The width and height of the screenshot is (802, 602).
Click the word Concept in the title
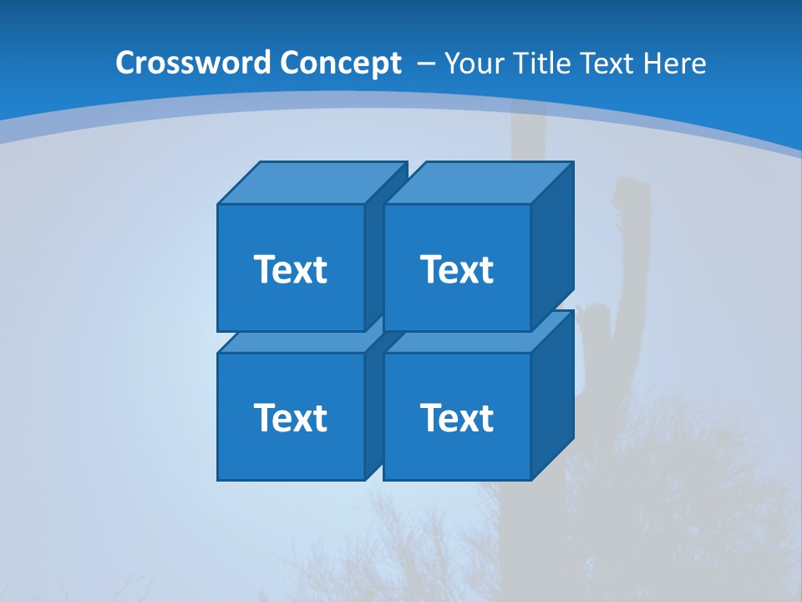[340, 64]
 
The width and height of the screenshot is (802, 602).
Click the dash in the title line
[424, 64]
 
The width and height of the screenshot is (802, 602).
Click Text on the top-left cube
[290, 269]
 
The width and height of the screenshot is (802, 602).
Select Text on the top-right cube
[456, 269]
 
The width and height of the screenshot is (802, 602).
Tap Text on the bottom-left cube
[290, 417]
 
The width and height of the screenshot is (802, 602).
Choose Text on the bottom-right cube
[456, 417]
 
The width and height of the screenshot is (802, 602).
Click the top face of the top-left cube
[309, 182]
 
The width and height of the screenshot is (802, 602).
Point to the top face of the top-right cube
[478, 182]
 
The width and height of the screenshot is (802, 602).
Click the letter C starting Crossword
[125, 64]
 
